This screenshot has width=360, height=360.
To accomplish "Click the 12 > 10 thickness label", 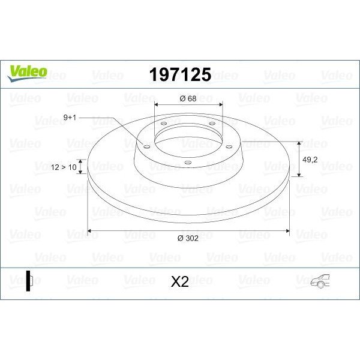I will (65, 168).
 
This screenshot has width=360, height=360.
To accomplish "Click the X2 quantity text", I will (179, 281).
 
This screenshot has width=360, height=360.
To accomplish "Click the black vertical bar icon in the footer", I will (27, 281).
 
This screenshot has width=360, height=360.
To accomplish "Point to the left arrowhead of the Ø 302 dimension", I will (91, 230).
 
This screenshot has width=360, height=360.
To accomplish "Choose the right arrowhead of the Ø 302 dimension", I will (287, 230).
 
